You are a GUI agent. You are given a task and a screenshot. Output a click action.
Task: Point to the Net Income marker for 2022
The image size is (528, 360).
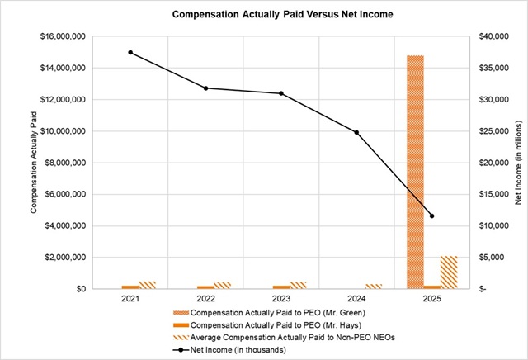click(x=206, y=88)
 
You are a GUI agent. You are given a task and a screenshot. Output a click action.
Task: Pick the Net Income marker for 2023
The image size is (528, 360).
click(x=281, y=93)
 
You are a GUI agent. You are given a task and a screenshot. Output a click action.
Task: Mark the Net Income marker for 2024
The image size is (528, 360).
click(x=356, y=132)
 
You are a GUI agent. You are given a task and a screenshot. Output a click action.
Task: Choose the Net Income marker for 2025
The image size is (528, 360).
click(x=431, y=216)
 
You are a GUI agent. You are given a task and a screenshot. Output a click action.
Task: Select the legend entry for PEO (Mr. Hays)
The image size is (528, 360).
click(x=271, y=325)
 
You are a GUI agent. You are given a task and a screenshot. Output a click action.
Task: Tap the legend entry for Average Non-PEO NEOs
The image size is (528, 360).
click(x=285, y=338)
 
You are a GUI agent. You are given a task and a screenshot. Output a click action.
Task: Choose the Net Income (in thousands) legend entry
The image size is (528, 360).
click(x=239, y=350)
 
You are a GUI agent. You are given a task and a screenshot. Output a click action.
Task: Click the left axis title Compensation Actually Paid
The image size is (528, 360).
click(x=35, y=163)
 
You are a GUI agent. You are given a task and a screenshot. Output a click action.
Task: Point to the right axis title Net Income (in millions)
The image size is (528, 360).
click(x=517, y=163)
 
